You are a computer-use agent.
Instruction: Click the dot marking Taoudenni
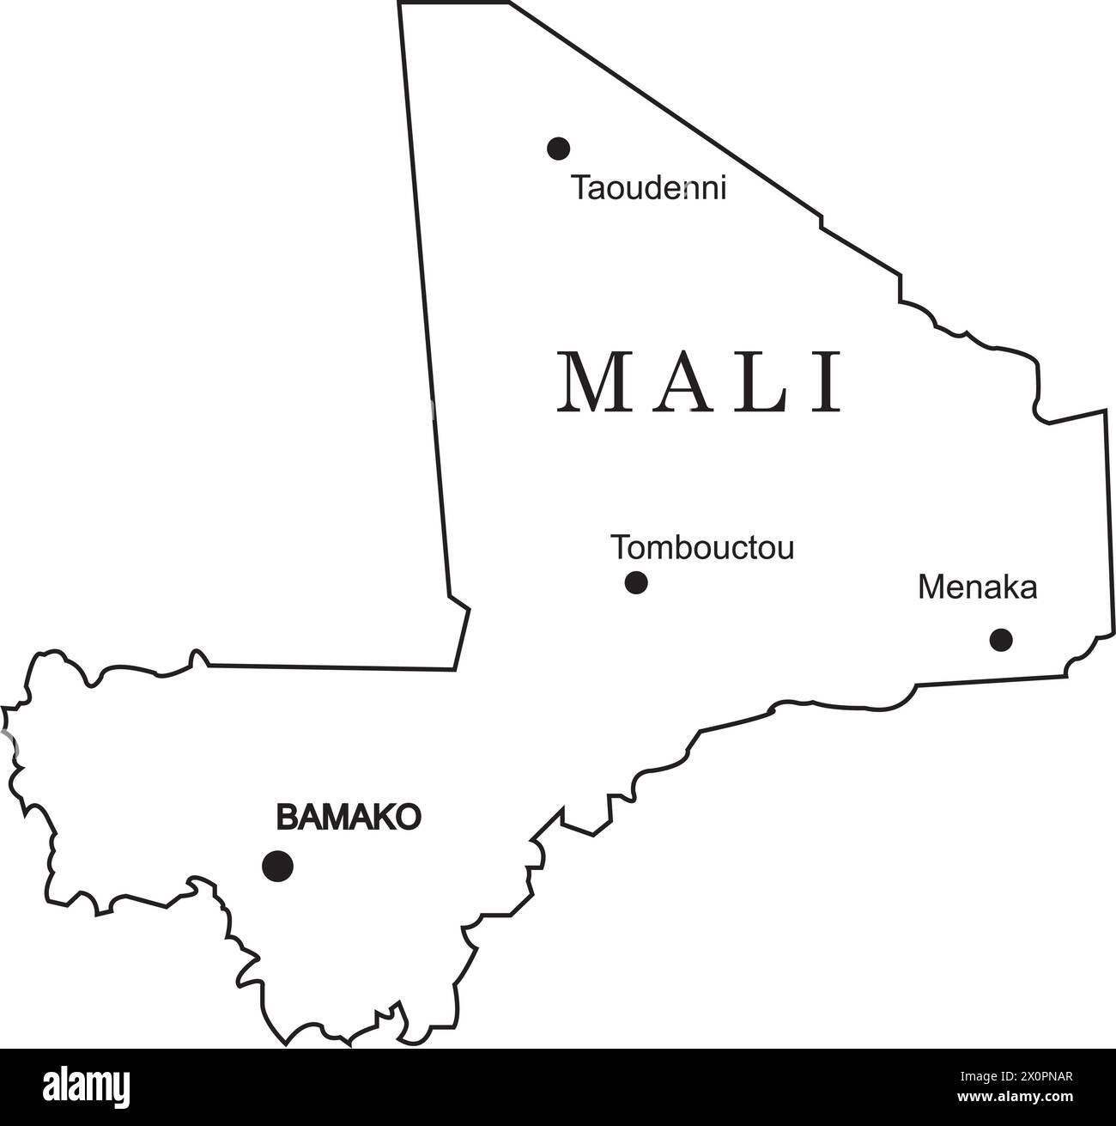click(558, 149)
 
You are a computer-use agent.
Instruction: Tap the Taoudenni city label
click(649, 188)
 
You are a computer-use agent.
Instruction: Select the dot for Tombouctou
click(636, 583)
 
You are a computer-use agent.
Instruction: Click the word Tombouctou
click(702, 547)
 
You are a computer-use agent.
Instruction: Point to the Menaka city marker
click(1001, 640)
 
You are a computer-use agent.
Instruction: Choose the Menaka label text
click(978, 588)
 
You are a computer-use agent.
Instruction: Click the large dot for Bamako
click(277, 866)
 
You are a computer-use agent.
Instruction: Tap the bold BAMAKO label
click(349, 817)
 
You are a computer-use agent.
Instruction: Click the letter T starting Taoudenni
click(582, 188)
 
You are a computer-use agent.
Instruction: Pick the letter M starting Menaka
click(930, 588)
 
